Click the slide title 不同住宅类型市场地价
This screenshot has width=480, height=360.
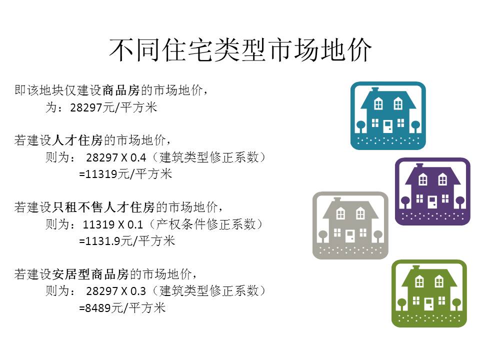pos(240,50)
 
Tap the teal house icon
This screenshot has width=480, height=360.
pos(388,115)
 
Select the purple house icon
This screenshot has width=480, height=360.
pos(432,191)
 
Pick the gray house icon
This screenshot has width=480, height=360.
pos(350,225)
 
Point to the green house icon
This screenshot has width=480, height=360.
pos(429,293)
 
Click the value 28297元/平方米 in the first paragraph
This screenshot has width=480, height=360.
pos(113,108)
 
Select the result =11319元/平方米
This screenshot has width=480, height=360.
pos(125,174)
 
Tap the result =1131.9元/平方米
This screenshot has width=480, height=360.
pos(127,241)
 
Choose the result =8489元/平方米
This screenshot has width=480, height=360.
pos(122,307)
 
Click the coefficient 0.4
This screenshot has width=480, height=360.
pos(138,157)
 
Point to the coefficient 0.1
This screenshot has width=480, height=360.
pos(135,224)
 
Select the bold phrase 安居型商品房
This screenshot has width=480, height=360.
pos(90,274)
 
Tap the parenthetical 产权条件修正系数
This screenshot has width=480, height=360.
pos(205,224)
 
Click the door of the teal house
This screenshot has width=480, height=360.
pos(388,126)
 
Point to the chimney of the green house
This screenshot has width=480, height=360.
pos(415,268)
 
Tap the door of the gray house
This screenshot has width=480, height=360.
pos(350,236)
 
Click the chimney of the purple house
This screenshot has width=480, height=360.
pos(419,166)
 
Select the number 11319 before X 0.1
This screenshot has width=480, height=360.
pos(97,224)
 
